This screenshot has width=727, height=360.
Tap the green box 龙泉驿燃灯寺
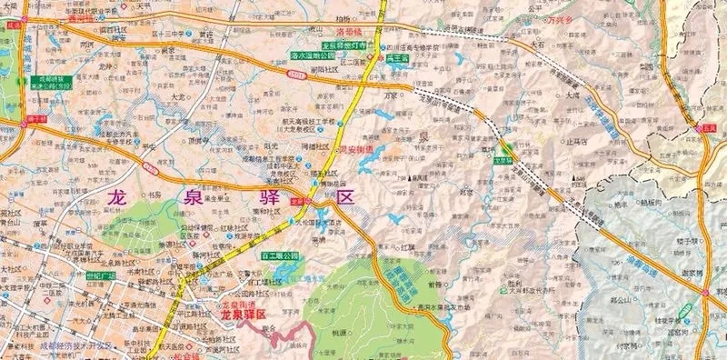point(342,45)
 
